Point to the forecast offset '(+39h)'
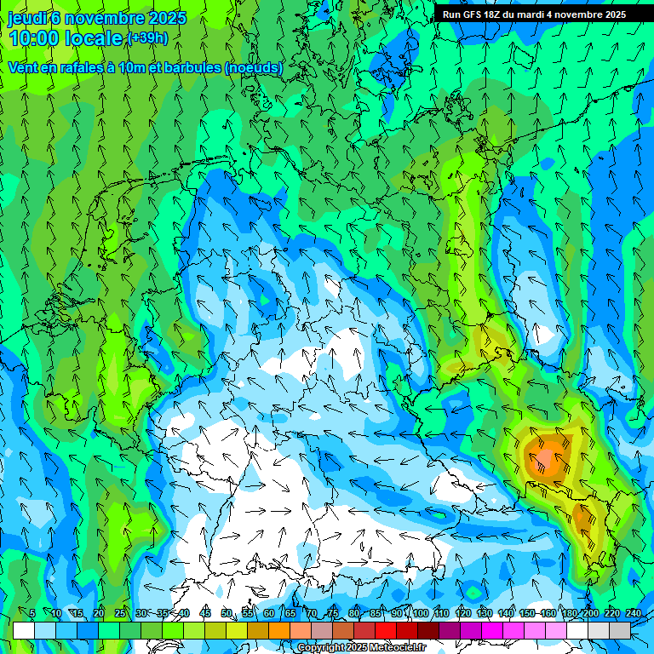[x=147, y=38]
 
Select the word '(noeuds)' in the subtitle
[x=254, y=67]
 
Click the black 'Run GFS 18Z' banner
[x=534, y=14]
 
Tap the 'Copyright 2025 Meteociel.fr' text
[x=361, y=648]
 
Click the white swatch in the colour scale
[x=24, y=631]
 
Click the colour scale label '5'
[x=32, y=614]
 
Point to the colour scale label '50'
[x=227, y=614]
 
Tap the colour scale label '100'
[x=421, y=614]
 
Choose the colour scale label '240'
[x=634, y=614]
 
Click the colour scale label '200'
[x=590, y=614]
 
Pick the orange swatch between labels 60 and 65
[x=279, y=631]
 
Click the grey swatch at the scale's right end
[x=621, y=631]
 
